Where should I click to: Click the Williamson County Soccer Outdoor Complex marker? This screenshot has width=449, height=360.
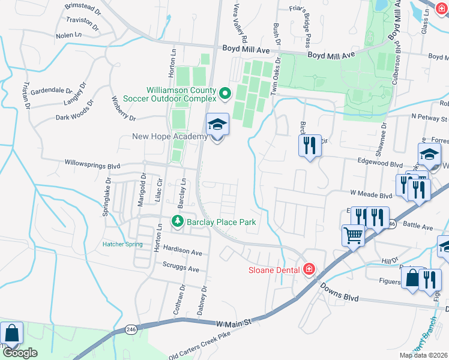[x=225, y=93]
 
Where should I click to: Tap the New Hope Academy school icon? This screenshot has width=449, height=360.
[x=217, y=125]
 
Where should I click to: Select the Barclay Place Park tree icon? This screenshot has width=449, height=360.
[x=178, y=222]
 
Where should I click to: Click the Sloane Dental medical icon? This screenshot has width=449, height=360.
[x=309, y=269]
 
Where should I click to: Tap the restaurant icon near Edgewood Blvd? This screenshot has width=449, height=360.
[x=310, y=145]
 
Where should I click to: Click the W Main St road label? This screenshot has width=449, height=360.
[x=232, y=323]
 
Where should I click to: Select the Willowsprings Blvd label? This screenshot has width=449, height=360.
[x=94, y=164]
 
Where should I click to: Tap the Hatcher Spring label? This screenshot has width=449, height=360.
[x=122, y=244]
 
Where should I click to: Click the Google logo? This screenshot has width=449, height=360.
[x=20, y=353]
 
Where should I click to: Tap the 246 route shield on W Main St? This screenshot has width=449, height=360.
[x=131, y=329]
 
